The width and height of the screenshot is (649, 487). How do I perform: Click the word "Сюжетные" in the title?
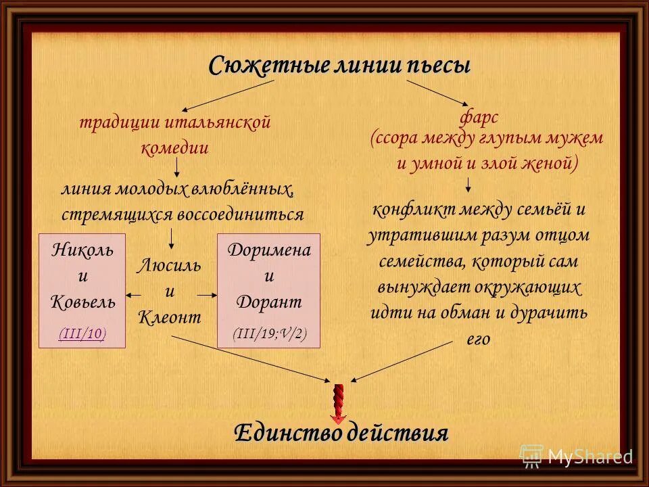[268, 66]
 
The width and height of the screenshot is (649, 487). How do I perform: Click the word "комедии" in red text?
[174, 147]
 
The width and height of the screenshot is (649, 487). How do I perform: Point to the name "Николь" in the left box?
[82, 250]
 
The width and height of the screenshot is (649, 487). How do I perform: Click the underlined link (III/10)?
[82, 333]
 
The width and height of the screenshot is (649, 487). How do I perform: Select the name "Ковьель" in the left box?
[82, 302]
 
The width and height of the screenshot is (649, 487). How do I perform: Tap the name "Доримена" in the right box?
[268, 250]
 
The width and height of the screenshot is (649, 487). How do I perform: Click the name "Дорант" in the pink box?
[268, 302]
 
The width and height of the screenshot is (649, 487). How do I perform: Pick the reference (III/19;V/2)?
[268, 334]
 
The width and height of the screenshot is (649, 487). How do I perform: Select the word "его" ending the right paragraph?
[477, 339]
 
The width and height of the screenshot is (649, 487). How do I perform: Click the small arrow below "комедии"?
[176, 168]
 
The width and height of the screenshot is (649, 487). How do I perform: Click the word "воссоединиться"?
[241, 214]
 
